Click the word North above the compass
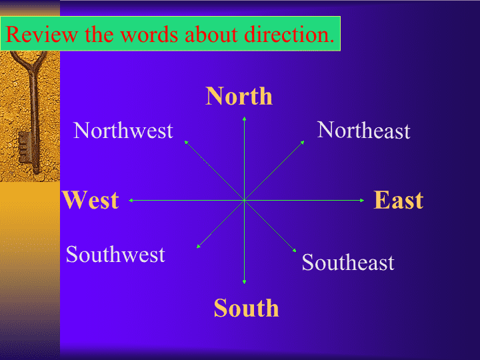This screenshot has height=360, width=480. (x=239, y=96)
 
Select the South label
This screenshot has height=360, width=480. (x=247, y=307)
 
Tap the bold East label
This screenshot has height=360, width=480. (x=399, y=200)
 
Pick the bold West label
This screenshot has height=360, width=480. (x=91, y=200)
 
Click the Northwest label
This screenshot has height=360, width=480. (x=123, y=131)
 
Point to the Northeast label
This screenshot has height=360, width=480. (x=363, y=130)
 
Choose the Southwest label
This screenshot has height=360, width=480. (x=115, y=254)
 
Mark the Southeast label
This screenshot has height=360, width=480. (x=348, y=262)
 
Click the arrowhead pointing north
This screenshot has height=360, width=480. (x=244, y=119)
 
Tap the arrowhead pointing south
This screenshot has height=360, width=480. (x=244, y=282)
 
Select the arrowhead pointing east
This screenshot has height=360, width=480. (x=362, y=201)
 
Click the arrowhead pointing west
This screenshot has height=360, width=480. (x=131, y=201)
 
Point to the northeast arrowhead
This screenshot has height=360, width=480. (x=303, y=143)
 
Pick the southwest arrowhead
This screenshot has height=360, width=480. (x=199, y=246)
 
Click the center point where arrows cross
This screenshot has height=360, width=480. (x=244, y=201)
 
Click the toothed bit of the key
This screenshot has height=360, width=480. (x=25, y=147)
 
